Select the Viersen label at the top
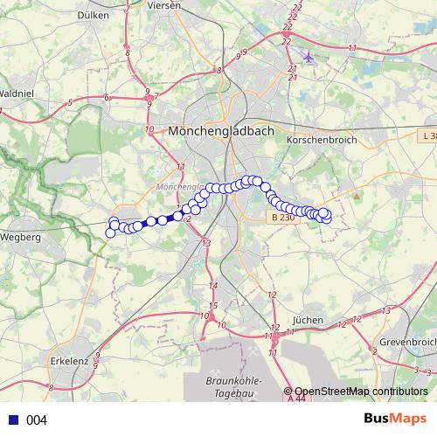[x=163, y=4]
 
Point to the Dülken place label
[x=93, y=14]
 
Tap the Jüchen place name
[x=309, y=320]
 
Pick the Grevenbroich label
[x=406, y=342]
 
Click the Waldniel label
[x=17, y=92]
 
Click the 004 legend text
[x=37, y=420]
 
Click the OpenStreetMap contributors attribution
[x=360, y=392]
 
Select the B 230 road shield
[x=281, y=217]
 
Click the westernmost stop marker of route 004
[x=110, y=232]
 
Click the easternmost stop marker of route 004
[x=327, y=217]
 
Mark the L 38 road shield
[x=427, y=136]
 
